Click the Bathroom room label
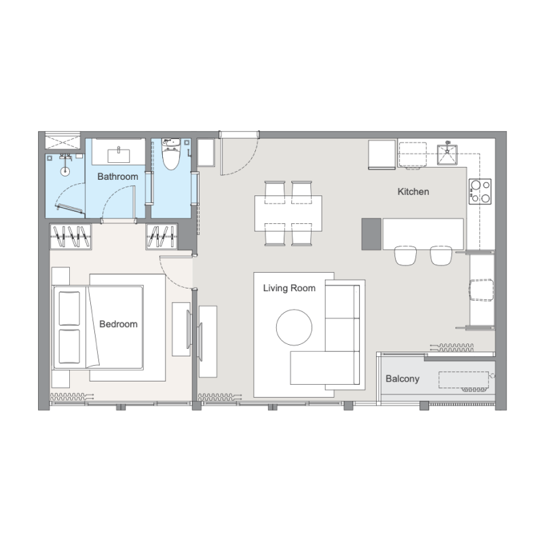(117, 176)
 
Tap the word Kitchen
(413, 191)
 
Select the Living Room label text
(289, 288)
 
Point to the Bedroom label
(118, 324)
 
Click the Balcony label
(402, 379)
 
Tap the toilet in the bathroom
(172, 154)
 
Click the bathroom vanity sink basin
(119, 155)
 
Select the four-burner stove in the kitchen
(481, 191)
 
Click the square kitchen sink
(447, 155)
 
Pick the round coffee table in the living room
(294, 327)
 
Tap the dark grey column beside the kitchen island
(371, 233)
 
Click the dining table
(288, 213)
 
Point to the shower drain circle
(64, 171)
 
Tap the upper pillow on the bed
(70, 308)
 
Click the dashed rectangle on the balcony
(464, 380)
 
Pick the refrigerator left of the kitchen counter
(381, 155)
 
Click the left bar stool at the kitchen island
(405, 256)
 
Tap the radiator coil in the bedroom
(72, 396)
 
